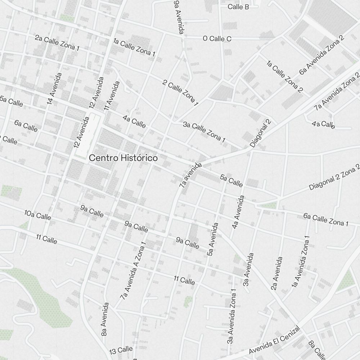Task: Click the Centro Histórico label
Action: tap(123, 158)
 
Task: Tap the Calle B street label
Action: tap(238, 7)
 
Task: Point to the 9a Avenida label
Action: tap(178, 17)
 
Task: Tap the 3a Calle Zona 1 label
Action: tap(204, 132)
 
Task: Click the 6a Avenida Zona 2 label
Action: tap(321, 55)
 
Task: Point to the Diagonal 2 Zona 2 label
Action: tap(334, 177)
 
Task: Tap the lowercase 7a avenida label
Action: tap(190, 175)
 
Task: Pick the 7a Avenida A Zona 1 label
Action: tap(134, 270)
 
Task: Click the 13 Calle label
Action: tap(121, 350)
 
